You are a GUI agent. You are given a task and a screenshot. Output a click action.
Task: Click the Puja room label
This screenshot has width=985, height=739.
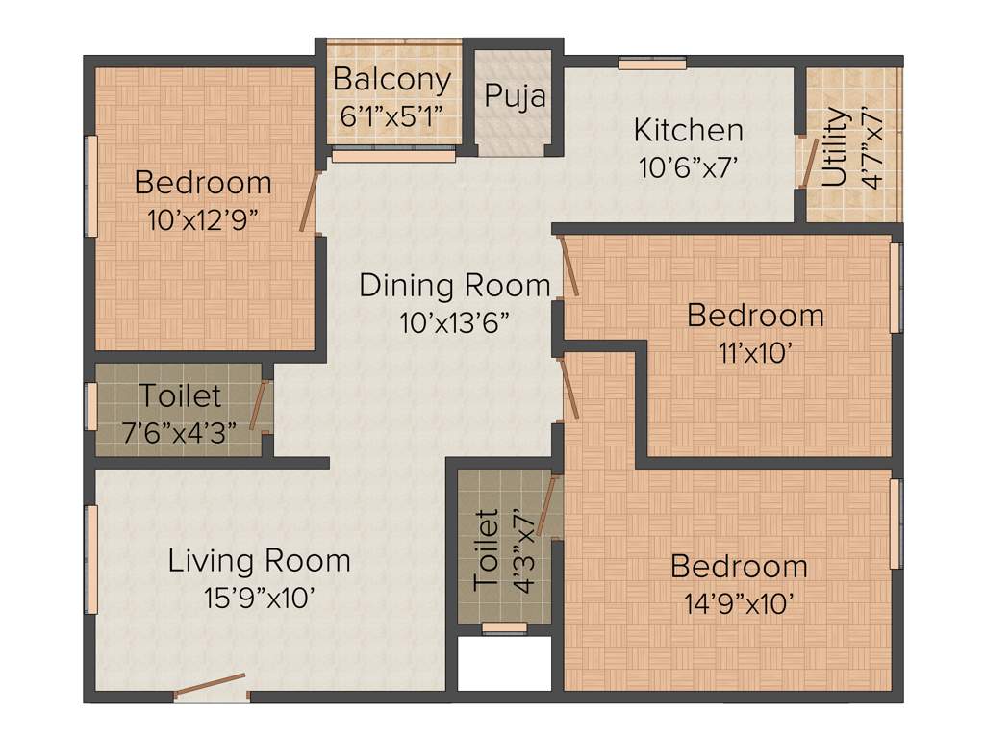(515, 96)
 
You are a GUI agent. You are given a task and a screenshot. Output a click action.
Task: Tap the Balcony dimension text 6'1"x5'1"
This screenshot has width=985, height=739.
(391, 116)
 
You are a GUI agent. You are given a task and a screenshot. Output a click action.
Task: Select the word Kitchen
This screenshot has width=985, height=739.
(688, 130)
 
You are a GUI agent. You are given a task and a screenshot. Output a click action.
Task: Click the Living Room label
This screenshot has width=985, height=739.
(259, 560)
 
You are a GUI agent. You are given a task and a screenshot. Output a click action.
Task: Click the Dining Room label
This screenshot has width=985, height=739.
(455, 286)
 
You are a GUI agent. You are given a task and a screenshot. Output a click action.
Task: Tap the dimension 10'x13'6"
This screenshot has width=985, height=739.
(455, 322)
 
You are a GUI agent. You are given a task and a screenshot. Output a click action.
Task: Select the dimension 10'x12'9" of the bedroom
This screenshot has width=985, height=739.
(203, 219)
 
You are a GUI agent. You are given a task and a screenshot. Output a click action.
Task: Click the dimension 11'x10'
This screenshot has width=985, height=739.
(755, 352)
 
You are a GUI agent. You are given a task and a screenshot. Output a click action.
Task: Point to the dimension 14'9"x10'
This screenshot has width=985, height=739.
(739, 603)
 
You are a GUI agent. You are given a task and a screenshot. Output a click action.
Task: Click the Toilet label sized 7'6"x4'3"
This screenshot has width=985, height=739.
(180, 395)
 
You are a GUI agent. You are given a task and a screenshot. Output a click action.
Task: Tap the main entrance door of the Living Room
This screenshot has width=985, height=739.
(211, 685)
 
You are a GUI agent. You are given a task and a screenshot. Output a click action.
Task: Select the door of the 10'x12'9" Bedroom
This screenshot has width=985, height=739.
(309, 201)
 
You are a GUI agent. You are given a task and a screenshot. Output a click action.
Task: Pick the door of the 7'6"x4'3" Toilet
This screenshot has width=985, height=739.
(258, 405)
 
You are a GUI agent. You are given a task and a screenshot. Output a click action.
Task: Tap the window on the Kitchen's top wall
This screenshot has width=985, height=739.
(652, 64)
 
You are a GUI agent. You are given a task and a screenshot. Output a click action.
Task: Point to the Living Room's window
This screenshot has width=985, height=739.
(93, 559)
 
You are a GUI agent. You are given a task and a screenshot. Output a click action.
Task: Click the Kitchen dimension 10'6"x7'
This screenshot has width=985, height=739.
(688, 167)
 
